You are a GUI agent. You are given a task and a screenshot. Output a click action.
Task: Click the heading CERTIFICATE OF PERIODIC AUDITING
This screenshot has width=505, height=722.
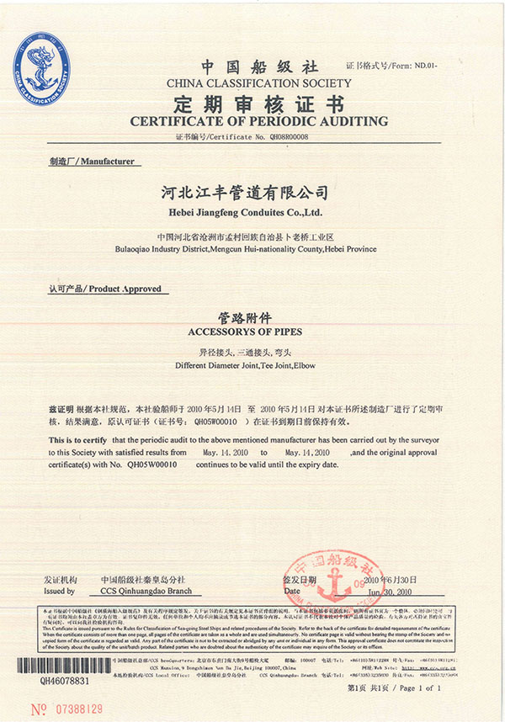coord(258,121)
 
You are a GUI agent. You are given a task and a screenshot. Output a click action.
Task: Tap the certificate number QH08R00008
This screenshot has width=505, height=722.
coord(284,135)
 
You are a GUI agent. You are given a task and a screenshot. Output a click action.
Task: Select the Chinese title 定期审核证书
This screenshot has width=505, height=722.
coord(258,104)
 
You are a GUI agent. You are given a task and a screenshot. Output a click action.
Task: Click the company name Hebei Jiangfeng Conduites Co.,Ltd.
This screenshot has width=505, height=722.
coord(253,212)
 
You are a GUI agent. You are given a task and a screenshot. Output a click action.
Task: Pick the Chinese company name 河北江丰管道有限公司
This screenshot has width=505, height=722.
coord(252,194)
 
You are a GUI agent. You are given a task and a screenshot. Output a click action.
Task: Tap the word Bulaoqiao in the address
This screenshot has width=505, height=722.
coord(136,249)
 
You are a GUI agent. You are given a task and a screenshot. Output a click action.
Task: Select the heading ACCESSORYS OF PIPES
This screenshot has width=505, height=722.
coord(252,333)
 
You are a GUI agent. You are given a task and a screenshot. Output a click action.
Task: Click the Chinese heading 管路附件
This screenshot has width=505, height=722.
coord(252,319)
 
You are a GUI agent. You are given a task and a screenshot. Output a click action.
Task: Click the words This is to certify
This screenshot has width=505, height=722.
coord(77,440)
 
